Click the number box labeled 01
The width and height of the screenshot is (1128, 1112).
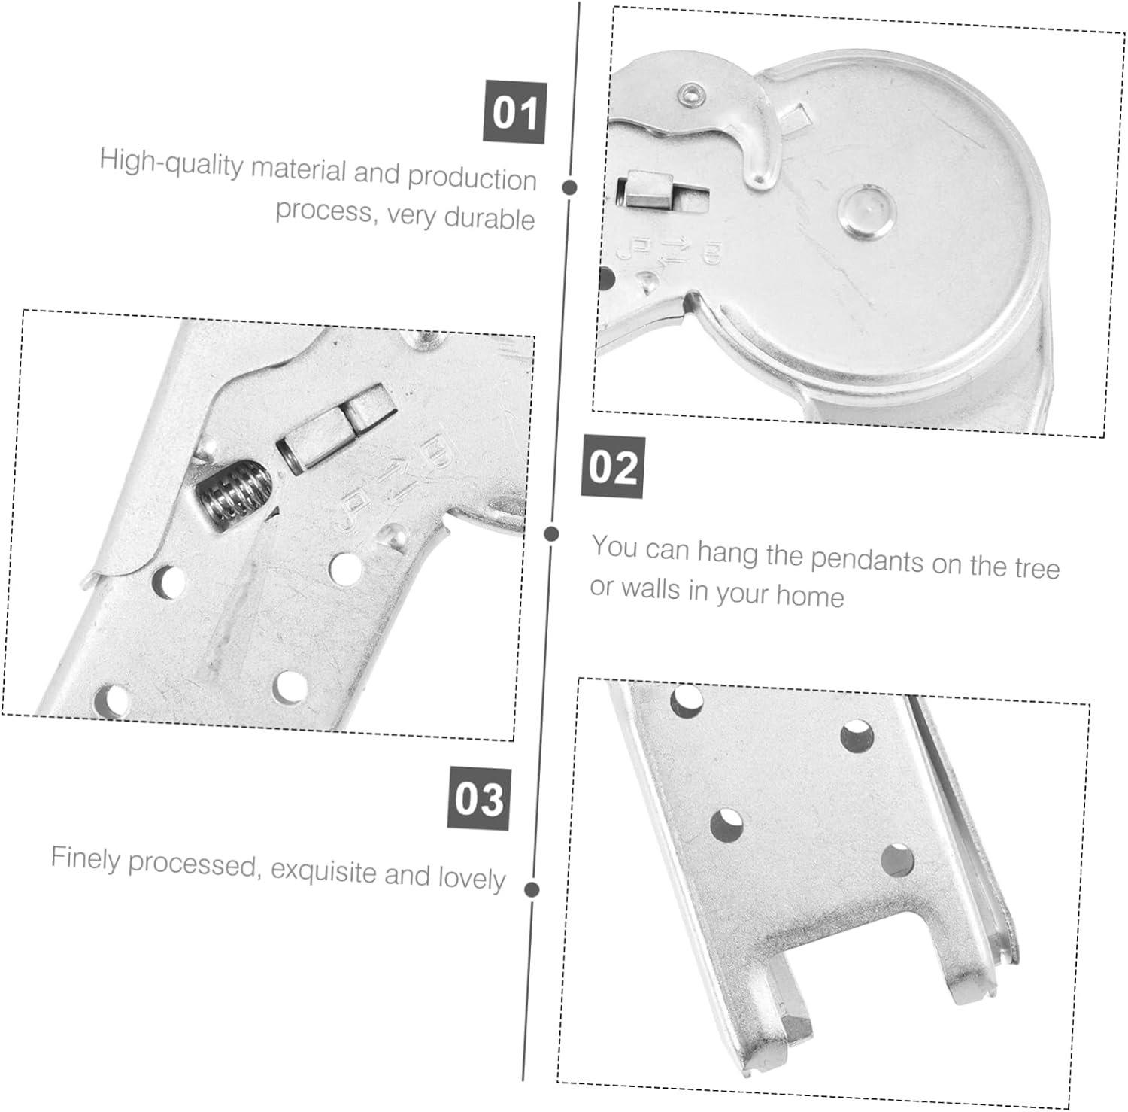(514, 112)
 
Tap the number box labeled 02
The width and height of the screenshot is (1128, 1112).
(613, 467)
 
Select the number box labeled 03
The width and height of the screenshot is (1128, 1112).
(480, 798)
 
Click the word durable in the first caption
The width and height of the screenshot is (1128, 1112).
(490, 218)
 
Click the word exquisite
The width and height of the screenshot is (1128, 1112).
(323, 870)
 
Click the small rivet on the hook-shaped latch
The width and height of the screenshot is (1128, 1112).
(690, 94)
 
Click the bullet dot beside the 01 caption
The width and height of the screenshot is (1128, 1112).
(570, 187)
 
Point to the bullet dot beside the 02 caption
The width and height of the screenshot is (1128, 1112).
(551, 533)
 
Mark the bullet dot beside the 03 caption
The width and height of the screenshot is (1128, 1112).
(532, 889)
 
